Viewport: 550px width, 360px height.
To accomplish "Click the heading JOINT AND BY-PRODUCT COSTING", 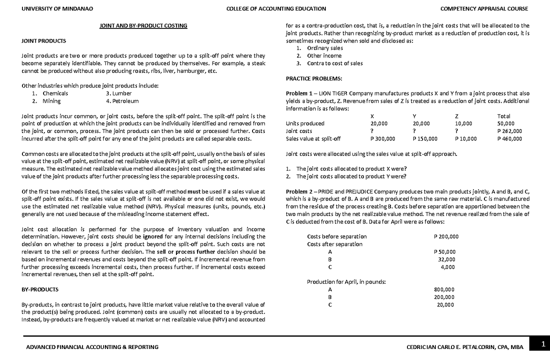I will click(x=143, y=26).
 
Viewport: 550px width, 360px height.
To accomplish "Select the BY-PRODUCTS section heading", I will click(x=40, y=289).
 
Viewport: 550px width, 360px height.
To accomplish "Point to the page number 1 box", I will click(x=542, y=344).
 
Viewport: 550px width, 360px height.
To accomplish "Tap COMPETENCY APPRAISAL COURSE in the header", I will click(x=484, y=9).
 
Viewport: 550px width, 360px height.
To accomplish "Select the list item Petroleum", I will click(x=122, y=101).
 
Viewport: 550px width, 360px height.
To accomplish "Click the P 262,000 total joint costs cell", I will click(x=509, y=131).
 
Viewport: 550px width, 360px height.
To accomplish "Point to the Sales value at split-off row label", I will click(x=313, y=138).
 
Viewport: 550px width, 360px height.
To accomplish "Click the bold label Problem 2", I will click(x=298, y=191).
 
